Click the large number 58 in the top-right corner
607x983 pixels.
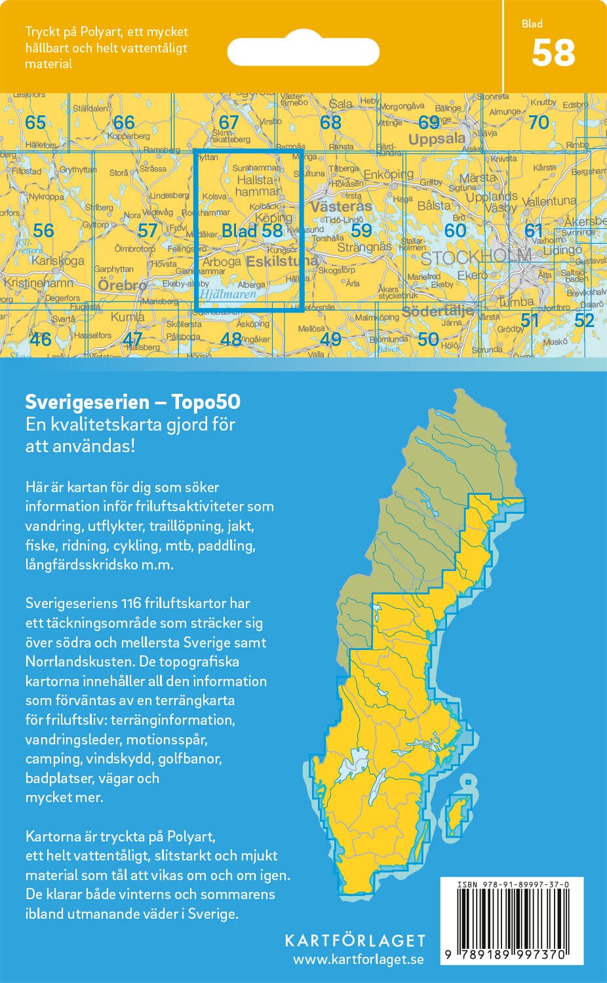click(x=553, y=53)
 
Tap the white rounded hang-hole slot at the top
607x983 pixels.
click(x=303, y=50)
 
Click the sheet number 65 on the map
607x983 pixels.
click(x=35, y=122)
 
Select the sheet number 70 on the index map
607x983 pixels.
click(x=538, y=122)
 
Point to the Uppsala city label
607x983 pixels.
click(x=437, y=139)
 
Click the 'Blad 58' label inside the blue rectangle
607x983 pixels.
click(x=252, y=230)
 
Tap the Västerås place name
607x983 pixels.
click(x=341, y=206)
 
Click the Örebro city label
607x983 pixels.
click(x=122, y=285)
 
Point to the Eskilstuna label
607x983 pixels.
click(x=282, y=261)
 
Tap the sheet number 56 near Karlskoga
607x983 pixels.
click(x=43, y=230)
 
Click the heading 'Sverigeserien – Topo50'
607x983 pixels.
click(x=132, y=401)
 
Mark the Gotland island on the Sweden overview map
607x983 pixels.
click(x=456, y=816)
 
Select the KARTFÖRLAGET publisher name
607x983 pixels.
click(x=355, y=941)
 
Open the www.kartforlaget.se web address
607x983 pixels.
click(x=358, y=959)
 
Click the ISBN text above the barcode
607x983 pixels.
click(x=513, y=884)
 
